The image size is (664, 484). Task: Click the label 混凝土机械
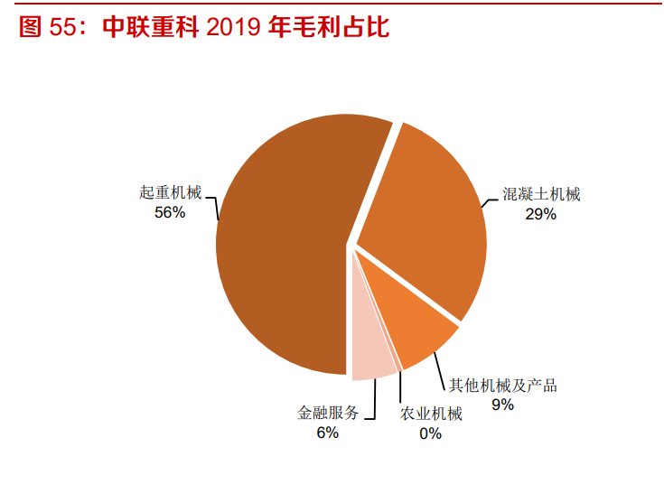[x=541, y=194]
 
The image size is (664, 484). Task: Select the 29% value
[x=541, y=214]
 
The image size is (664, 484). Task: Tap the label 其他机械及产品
[x=503, y=386]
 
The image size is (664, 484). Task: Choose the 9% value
[x=502, y=405]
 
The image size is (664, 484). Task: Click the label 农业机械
[x=431, y=414]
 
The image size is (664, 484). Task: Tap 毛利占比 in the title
[x=329, y=27]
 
